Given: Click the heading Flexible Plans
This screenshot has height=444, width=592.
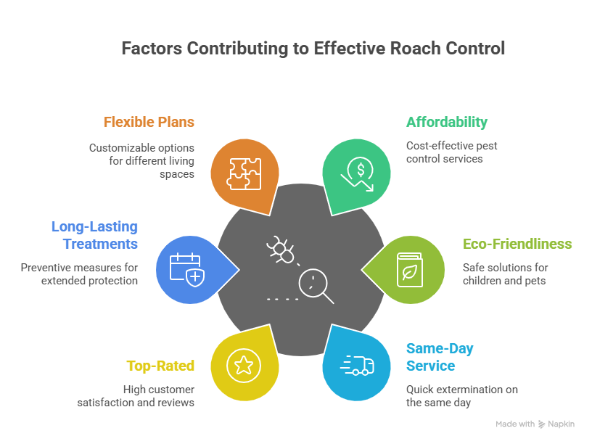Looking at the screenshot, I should click(149, 122).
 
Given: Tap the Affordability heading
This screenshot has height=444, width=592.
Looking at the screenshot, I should click(446, 122).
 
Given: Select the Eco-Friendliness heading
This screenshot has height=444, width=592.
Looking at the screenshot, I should click(517, 244).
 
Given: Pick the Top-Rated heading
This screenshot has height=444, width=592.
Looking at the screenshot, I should click(160, 366).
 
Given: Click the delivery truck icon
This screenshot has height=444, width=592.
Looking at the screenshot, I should click(358, 364).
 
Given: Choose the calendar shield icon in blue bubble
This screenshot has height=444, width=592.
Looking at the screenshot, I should click(186, 268).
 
